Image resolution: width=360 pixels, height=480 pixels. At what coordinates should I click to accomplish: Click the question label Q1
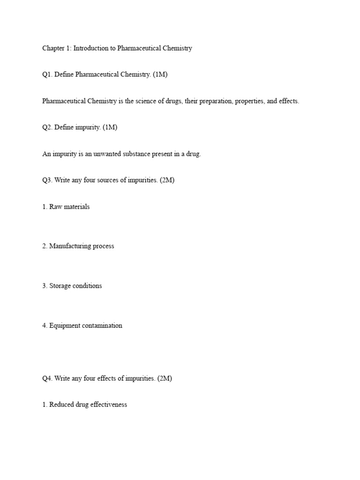click(47, 75)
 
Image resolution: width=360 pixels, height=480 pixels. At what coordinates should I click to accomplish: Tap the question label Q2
click(47, 127)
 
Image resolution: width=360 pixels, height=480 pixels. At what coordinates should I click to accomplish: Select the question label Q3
click(47, 180)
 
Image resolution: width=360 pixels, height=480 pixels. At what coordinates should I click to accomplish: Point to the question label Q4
click(47, 378)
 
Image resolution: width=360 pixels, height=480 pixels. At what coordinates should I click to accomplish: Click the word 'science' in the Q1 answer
click(154, 101)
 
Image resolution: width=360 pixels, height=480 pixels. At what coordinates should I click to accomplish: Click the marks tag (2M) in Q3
click(167, 180)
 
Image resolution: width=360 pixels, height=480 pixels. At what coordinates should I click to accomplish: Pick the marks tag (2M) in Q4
click(165, 378)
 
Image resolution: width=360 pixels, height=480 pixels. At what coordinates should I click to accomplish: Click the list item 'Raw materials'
click(69, 207)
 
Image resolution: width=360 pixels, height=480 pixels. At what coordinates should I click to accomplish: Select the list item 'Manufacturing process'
click(82, 246)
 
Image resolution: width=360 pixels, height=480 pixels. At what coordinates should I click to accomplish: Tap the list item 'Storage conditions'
click(75, 285)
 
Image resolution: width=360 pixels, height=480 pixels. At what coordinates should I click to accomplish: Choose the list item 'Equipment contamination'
click(86, 325)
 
